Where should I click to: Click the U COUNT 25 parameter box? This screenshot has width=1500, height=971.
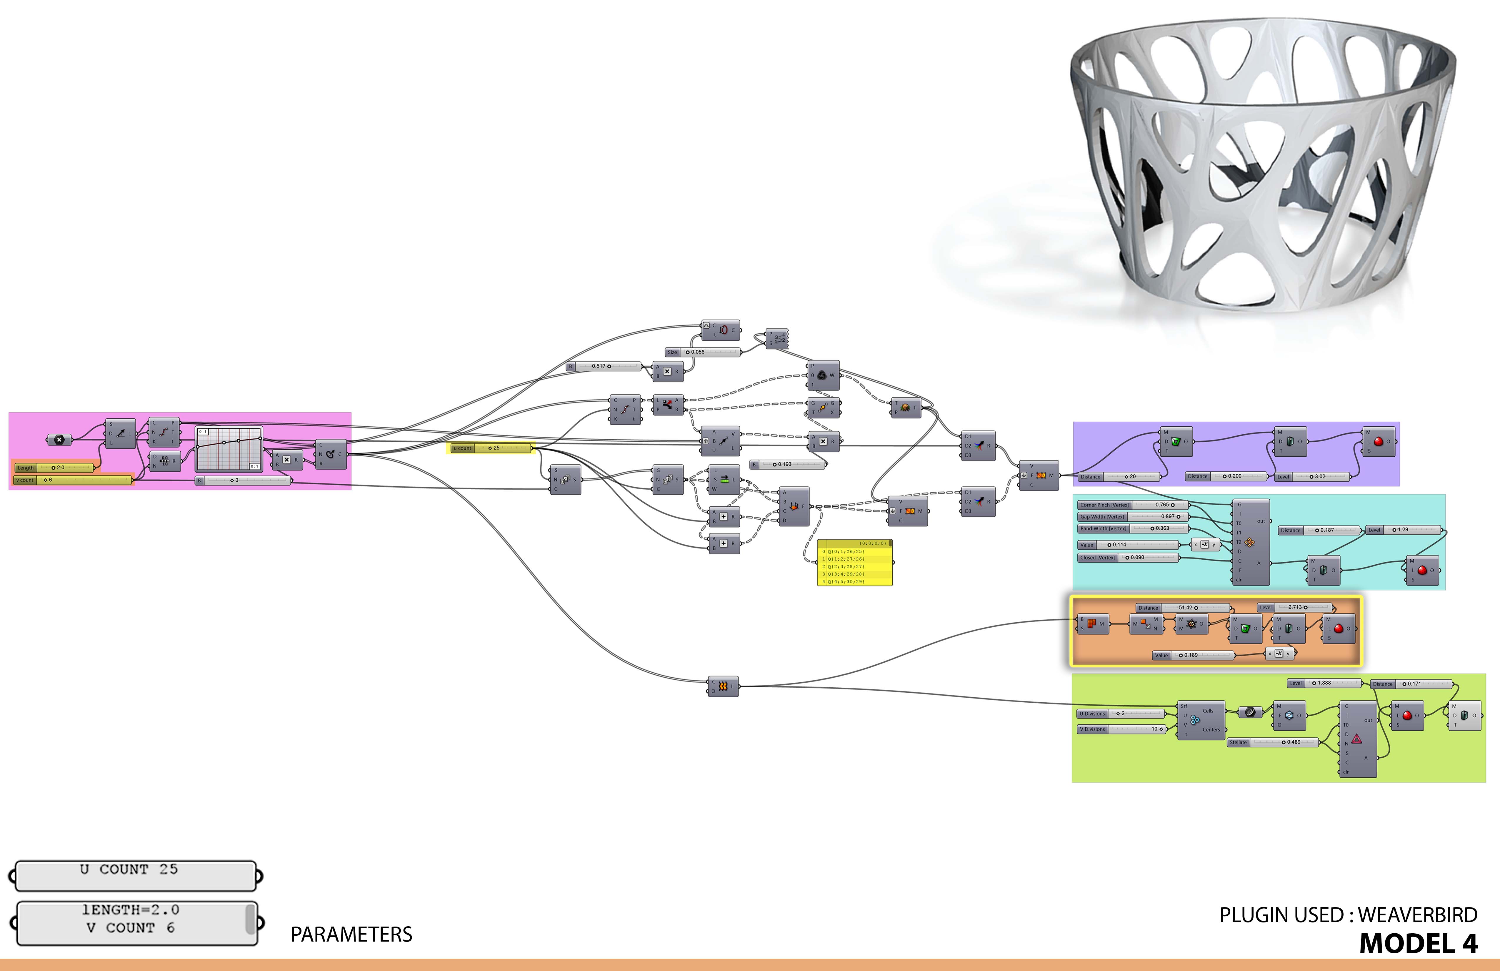click(136, 875)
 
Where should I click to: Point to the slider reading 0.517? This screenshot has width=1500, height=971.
click(604, 366)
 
